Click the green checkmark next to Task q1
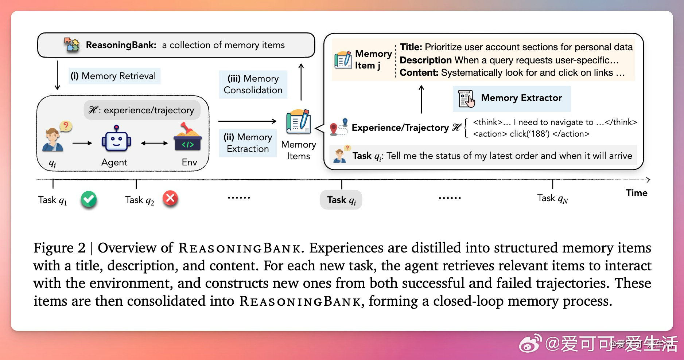[89, 199]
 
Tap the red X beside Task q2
[170, 199]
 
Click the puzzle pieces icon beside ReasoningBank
[71, 45]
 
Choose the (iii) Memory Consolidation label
[253, 84]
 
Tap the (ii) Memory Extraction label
[248, 143]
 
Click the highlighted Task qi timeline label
[341, 200]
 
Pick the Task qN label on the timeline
[552, 198]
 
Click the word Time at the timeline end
[637, 193]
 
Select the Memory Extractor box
[512, 98]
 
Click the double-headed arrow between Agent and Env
[154, 143]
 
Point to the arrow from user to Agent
[82, 143]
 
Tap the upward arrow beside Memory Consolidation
[301, 82]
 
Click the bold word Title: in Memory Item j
[411, 47]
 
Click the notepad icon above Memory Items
[299, 121]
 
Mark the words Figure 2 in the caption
[59, 248]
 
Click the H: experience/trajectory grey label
[142, 110]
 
